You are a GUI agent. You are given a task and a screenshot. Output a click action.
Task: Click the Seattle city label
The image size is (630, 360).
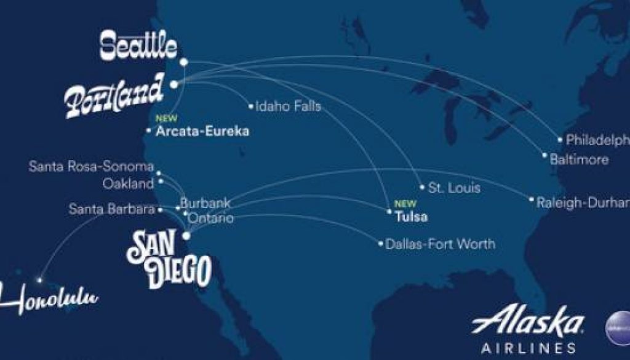point(138,46)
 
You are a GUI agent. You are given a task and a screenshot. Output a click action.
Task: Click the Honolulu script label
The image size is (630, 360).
point(49,299)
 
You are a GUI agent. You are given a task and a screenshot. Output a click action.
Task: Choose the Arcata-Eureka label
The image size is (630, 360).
point(202,131)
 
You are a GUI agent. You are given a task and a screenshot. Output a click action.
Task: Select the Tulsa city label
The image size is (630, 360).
point(411,217)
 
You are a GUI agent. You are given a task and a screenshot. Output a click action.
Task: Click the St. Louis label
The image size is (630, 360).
point(454,187)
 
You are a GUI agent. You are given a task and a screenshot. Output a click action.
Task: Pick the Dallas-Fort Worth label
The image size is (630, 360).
point(440,244)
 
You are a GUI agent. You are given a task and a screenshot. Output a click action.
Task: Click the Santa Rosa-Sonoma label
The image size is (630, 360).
point(91,167)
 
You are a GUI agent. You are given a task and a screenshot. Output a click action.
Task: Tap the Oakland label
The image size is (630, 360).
point(128,183)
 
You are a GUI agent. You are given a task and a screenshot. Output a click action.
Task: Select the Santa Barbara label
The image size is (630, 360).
point(111,209)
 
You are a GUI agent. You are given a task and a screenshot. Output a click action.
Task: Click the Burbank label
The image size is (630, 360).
point(196,203)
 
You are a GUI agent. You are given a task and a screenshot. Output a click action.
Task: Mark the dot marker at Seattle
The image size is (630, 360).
point(184,62)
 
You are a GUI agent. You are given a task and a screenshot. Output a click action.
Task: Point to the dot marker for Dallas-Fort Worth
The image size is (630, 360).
point(381,244)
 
